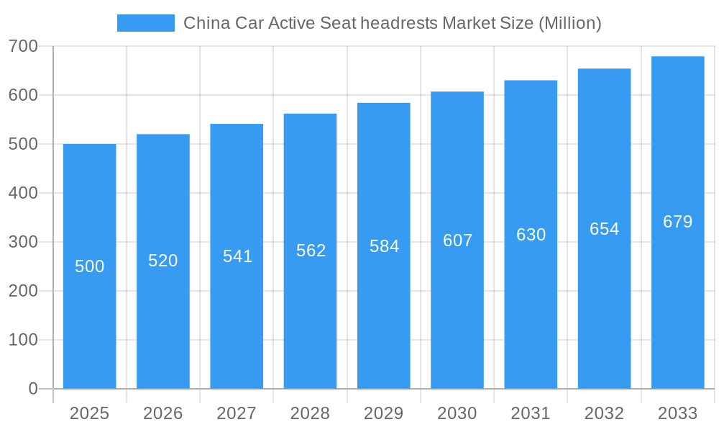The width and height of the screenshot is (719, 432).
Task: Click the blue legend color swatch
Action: [145, 23]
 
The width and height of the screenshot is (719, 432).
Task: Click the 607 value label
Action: [457, 240]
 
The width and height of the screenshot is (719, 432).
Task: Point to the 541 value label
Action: [237, 256]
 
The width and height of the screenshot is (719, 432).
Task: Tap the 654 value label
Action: [604, 229]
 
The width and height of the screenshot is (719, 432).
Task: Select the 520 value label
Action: [163, 261]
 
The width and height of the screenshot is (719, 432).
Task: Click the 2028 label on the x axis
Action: [310, 413]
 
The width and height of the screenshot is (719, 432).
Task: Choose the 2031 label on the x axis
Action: [531, 413]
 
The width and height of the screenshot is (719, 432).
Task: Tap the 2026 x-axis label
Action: [163, 413]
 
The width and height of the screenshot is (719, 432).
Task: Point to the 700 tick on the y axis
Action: [24, 47]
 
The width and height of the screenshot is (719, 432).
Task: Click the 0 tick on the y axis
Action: [33, 389]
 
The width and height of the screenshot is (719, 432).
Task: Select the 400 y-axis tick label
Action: [24, 193]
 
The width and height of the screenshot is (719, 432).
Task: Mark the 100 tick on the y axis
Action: [24, 340]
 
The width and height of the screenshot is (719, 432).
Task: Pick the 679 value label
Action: [678, 222]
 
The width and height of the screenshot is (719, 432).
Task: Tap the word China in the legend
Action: [207, 23]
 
